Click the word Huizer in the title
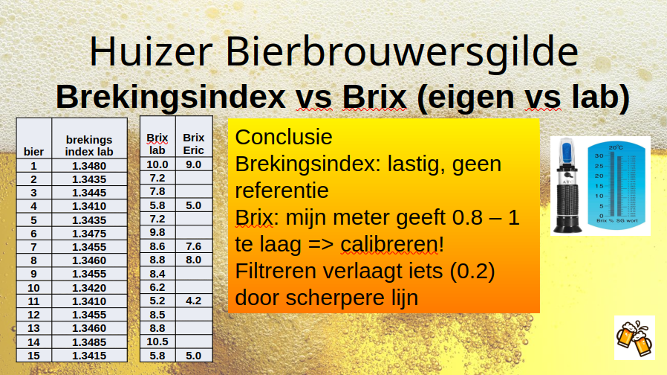pos(151,51)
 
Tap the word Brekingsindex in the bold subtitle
pos(171,97)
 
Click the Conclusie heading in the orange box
pos(284,137)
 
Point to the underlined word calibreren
pos(388,244)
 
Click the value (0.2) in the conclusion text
pos(472,271)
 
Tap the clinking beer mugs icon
pos(634,338)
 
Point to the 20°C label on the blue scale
pos(616,147)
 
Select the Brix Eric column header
pos(194,144)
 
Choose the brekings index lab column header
pos(89,145)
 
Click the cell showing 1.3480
pos(89,166)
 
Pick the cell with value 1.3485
pos(89,342)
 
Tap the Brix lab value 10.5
pos(157,342)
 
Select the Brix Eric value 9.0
pos(194,164)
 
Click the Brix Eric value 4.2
pos(194,301)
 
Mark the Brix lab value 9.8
pos(157,232)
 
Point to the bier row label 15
pos(33,356)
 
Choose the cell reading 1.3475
pos(89,234)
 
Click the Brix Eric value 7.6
pos(194,246)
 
